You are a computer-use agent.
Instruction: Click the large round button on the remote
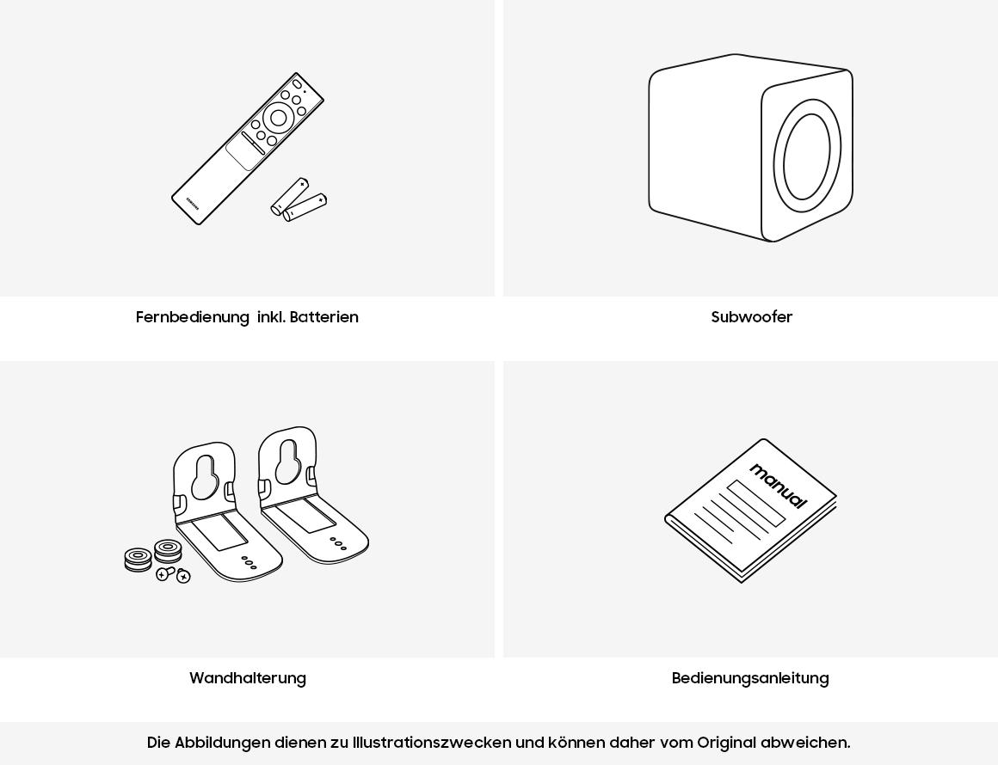(278, 118)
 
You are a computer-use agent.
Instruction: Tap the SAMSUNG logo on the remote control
(193, 202)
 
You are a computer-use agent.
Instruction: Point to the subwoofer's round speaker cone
(807, 156)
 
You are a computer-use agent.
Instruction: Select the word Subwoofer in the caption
(752, 316)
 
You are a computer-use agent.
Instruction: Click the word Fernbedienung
(192, 316)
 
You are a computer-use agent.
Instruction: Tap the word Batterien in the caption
(324, 316)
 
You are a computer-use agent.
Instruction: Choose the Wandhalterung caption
(248, 678)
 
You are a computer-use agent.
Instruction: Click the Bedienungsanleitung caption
(750, 678)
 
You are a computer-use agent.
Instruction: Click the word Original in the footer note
(727, 742)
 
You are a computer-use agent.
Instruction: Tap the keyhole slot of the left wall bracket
(204, 476)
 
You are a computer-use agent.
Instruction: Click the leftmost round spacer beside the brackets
(139, 560)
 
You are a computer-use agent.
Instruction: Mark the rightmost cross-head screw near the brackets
(183, 576)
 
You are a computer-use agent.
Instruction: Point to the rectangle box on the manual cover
(756, 503)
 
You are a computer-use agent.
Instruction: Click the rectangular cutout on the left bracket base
(219, 533)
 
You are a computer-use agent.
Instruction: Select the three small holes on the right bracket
(338, 544)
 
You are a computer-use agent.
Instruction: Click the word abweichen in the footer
(805, 742)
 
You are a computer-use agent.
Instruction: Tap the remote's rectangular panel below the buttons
(243, 153)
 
